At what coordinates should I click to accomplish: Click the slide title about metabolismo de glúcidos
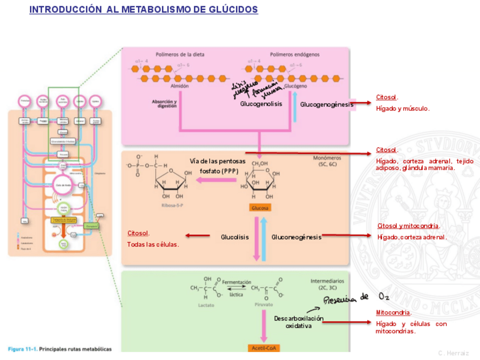click(143, 10)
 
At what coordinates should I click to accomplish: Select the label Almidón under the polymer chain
click(179, 87)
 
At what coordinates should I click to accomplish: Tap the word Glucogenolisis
click(261, 104)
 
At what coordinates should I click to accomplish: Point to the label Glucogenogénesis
click(326, 104)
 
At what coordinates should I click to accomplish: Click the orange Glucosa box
click(260, 208)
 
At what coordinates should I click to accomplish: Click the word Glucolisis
click(234, 237)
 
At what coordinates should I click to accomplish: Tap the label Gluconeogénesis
click(296, 237)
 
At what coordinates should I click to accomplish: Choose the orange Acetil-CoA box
click(263, 348)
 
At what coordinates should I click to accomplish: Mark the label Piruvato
click(264, 305)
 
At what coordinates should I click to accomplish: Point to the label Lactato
click(206, 305)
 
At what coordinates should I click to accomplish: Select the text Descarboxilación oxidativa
click(299, 322)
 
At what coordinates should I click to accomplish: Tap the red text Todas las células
click(153, 245)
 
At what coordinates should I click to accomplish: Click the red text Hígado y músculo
click(402, 108)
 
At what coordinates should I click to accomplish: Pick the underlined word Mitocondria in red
click(393, 312)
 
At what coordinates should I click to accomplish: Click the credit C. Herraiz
click(454, 353)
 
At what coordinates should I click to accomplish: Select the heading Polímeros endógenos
click(294, 55)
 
